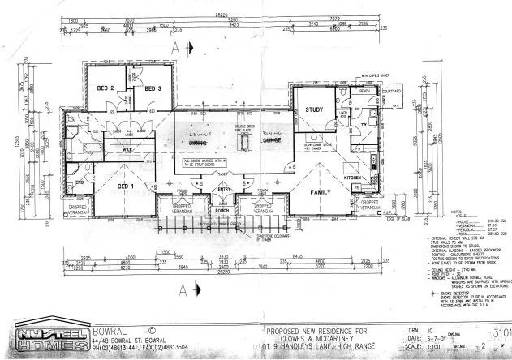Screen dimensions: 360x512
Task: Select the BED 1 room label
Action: point(125,186)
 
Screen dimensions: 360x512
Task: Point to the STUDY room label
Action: point(314,109)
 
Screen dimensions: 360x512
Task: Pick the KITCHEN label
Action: point(353,176)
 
